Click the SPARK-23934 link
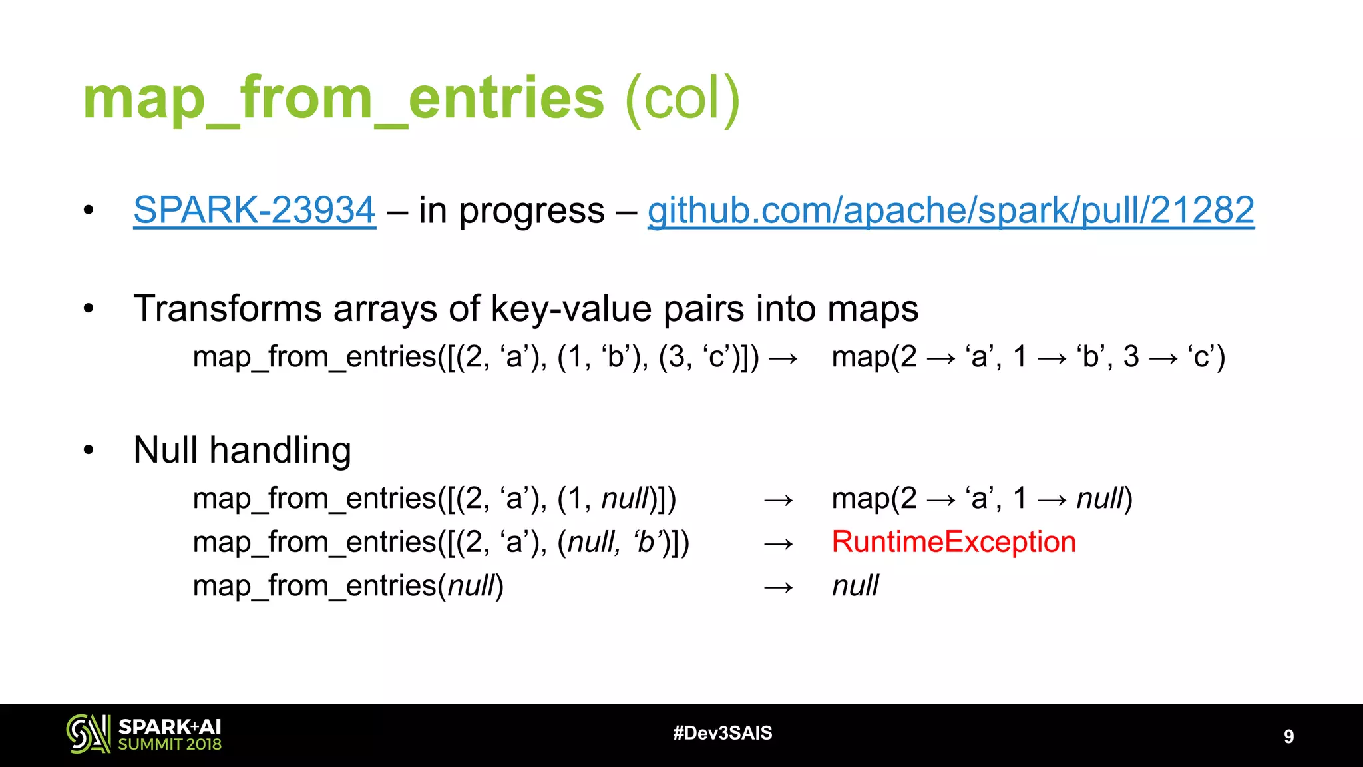coord(254,210)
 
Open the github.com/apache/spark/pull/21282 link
coord(950,210)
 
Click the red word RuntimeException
coord(953,542)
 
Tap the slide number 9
coord(1288,736)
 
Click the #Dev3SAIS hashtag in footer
coord(722,733)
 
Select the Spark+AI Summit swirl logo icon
coord(88,734)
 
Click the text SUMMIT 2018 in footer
coord(170,745)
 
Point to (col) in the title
coord(682,99)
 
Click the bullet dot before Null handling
coord(89,451)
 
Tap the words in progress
coord(511,210)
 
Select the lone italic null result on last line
coord(855,586)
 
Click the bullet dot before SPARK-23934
coord(89,211)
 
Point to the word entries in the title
coord(506,99)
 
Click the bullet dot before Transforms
coord(89,309)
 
